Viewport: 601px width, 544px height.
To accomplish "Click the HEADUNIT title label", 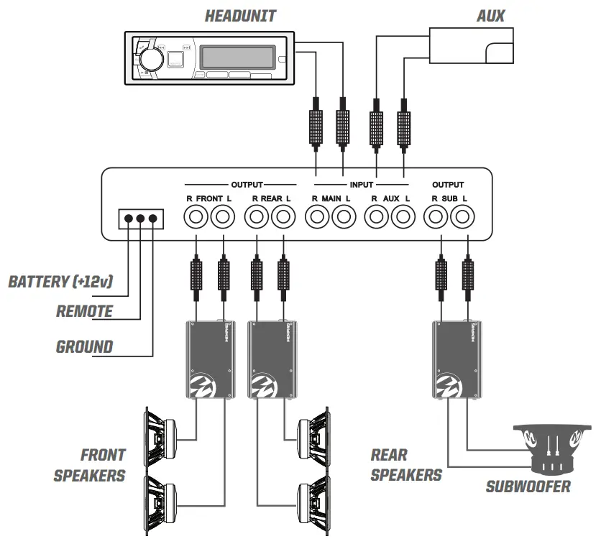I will point(240,16).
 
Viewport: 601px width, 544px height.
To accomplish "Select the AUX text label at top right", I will point(491,15).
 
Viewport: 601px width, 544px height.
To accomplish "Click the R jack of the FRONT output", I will point(196,215).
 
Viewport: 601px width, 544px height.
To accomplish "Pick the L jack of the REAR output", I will point(284,215).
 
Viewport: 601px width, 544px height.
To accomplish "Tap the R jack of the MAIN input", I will point(317,215).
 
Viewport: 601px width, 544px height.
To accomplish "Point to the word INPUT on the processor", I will point(362,185).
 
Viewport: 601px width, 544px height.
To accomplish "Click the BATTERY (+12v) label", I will point(60,281).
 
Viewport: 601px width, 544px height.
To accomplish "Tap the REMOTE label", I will point(84,311).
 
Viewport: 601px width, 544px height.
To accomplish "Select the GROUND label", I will point(85,347).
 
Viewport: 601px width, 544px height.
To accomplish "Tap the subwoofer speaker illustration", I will point(551,450).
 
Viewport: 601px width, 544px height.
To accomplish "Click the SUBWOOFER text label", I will point(528,487).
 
